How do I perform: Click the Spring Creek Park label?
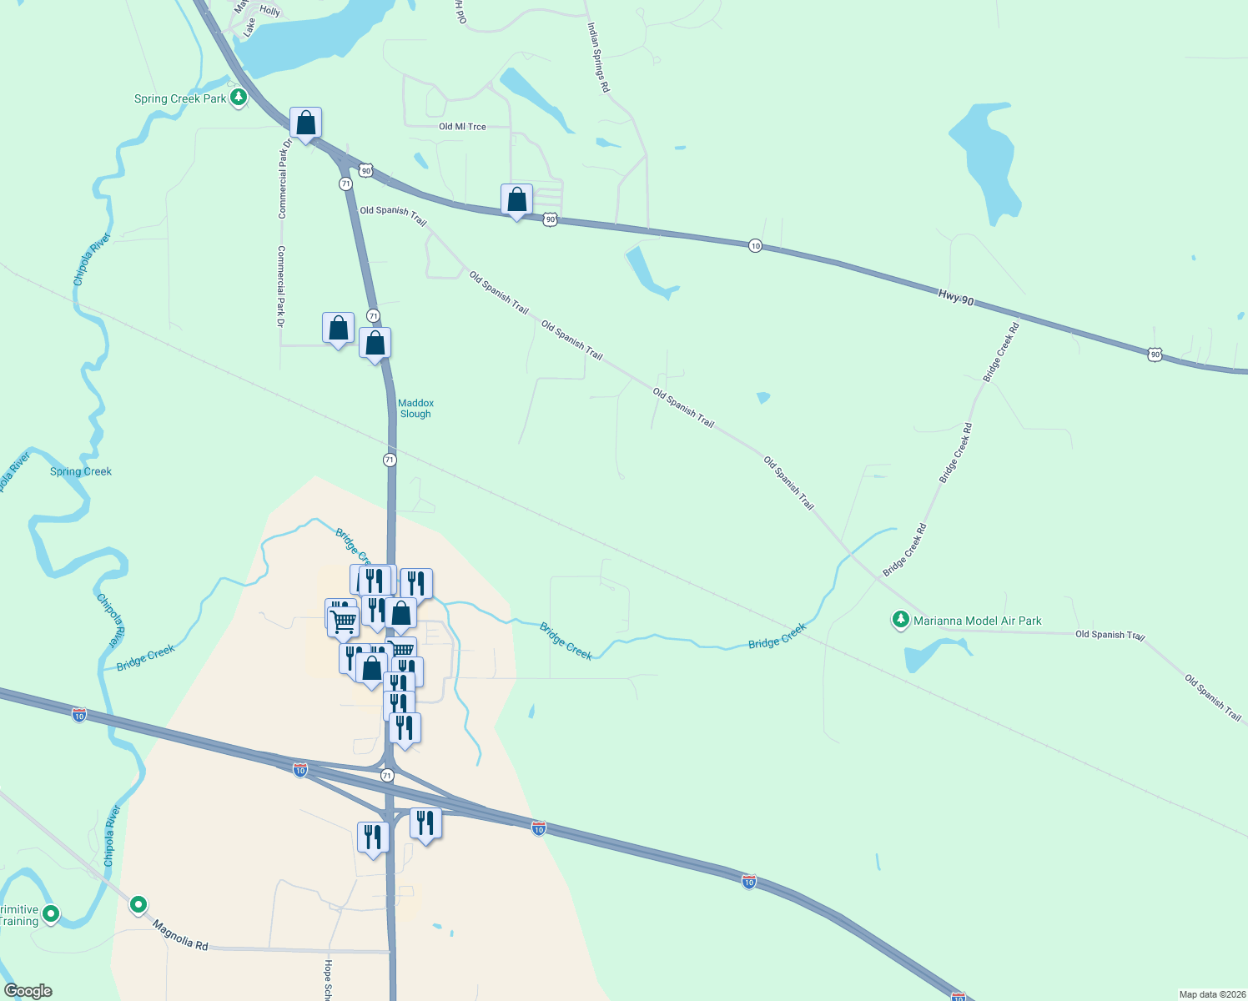click(180, 98)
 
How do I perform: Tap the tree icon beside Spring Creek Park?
click(239, 98)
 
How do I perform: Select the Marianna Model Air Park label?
click(977, 621)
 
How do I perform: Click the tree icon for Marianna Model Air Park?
click(900, 620)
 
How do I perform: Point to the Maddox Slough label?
click(415, 408)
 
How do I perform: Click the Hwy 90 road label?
click(956, 296)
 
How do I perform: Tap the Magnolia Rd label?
click(180, 935)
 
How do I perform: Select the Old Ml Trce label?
click(462, 127)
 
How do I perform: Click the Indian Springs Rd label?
click(598, 58)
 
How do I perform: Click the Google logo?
click(28, 991)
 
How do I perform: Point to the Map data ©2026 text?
click(1211, 994)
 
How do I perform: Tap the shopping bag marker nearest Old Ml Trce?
click(516, 200)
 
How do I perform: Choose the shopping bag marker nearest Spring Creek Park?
click(306, 123)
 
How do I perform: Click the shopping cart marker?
click(343, 621)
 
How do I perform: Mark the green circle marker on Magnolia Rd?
click(138, 904)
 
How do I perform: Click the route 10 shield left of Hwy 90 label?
click(755, 245)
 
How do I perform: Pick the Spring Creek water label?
click(81, 471)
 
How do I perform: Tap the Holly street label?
click(269, 11)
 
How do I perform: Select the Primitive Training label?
click(19, 915)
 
